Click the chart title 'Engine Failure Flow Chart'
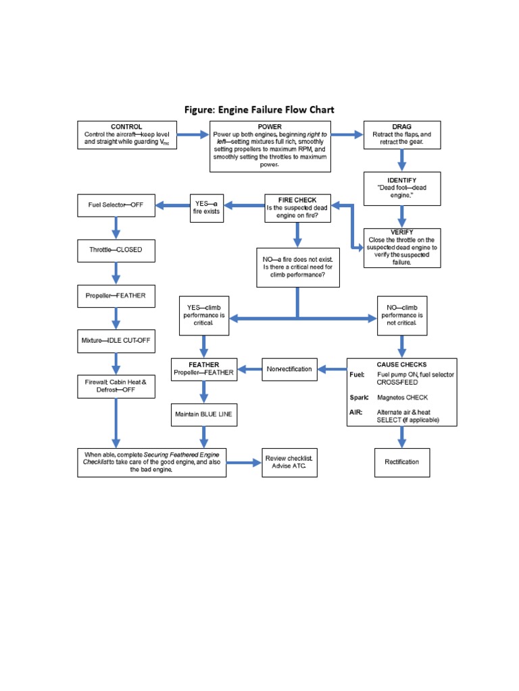[x=259, y=109]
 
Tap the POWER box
[x=270, y=146]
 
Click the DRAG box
[x=401, y=135]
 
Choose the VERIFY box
[x=401, y=248]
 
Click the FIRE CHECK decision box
[x=297, y=208]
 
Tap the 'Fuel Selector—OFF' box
[x=116, y=204]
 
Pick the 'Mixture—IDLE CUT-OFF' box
[x=116, y=341]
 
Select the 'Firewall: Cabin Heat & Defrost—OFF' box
[x=116, y=386]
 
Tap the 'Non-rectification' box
[x=289, y=369]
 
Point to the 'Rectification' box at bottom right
[x=401, y=462]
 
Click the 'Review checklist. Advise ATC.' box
[x=289, y=462]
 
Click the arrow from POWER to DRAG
[x=347, y=135]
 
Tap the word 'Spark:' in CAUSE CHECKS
[x=359, y=397]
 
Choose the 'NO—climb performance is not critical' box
[x=401, y=315]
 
